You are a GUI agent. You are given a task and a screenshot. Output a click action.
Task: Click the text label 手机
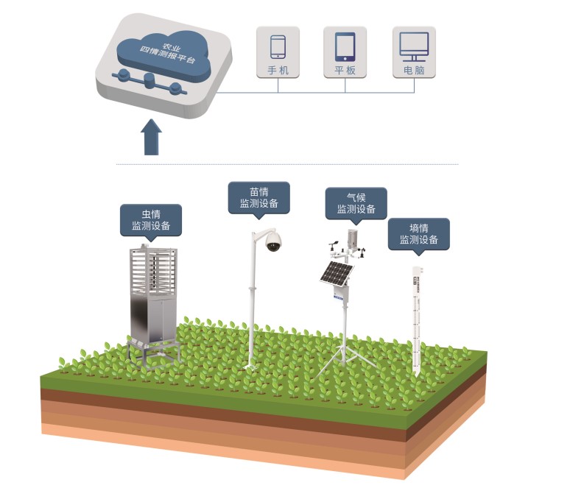[x=278, y=71]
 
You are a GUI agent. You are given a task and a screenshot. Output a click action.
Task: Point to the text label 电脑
[x=413, y=71]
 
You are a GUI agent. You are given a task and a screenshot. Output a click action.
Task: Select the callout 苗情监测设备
[x=258, y=198]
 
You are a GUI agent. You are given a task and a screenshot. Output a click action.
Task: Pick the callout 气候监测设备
[x=356, y=203]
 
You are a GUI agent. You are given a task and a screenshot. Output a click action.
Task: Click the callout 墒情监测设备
[x=418, y=233]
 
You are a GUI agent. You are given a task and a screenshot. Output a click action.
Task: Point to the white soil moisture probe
[x=417, y=317]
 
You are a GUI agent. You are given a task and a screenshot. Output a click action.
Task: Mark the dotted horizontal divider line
[x=287, y=164]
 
